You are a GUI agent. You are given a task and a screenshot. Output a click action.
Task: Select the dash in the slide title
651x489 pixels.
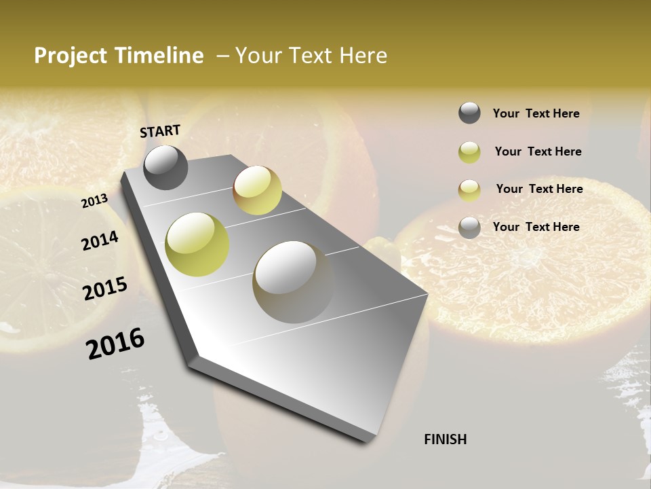[222, 56]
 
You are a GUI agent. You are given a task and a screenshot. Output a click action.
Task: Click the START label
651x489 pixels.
[160, 131]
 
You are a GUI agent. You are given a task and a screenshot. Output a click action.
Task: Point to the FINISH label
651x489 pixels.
[445, 439]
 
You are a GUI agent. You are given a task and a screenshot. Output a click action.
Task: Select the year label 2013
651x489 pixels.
[94, 201]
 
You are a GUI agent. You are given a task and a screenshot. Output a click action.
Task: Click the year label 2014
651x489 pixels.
[100, 241]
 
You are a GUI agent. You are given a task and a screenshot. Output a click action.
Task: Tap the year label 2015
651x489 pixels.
[104, 289]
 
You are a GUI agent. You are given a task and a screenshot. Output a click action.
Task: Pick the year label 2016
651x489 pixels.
[115, 343]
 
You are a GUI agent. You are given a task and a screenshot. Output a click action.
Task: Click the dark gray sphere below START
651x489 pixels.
[165, 167]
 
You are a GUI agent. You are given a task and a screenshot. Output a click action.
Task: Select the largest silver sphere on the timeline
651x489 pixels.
[292, 282]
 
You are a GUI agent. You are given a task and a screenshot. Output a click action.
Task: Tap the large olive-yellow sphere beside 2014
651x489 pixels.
[197, 244]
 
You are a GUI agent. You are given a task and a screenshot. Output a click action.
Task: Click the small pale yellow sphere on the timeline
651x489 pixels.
[257, 190]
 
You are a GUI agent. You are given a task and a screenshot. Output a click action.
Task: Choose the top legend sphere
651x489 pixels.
[469, 113]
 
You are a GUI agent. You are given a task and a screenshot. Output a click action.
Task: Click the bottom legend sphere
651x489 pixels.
[469, 228]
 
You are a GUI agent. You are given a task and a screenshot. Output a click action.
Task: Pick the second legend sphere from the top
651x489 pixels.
[469, 152]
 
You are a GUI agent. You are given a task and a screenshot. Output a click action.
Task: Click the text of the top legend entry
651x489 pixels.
[536, 113]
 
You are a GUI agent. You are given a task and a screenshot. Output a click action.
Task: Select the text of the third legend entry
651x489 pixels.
[539, 189]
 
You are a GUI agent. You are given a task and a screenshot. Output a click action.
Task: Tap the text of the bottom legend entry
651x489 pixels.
[536, 227]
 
